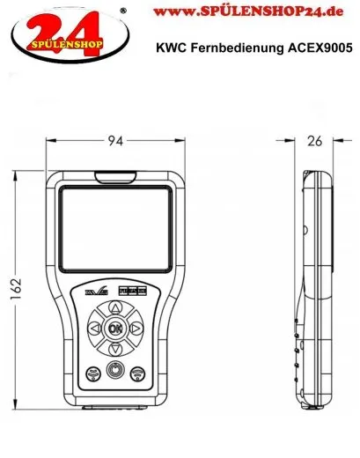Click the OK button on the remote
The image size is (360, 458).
click(x=113, y=329)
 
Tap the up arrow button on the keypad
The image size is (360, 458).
click(x=113, y=308)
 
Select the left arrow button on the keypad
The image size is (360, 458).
click(x=93, y=329)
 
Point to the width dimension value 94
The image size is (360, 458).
click(x=114, y=140)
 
